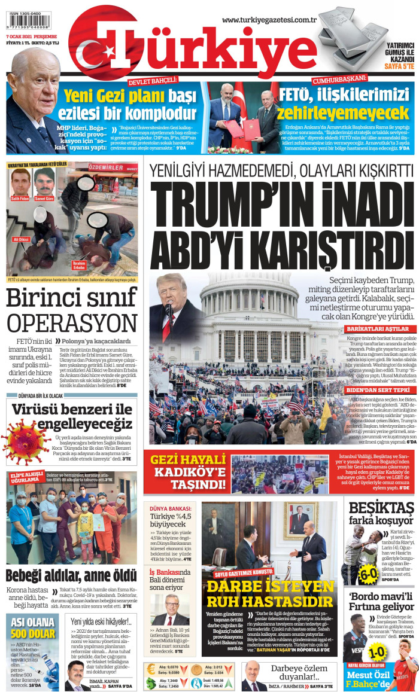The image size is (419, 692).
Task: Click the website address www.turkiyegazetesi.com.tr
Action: point(269,20)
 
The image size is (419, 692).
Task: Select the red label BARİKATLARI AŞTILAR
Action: point(377,329)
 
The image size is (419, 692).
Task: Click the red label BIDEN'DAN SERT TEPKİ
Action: point(377,389)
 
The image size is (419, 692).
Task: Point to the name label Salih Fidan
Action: point(20,197)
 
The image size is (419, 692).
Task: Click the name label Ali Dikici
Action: point(21,239)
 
